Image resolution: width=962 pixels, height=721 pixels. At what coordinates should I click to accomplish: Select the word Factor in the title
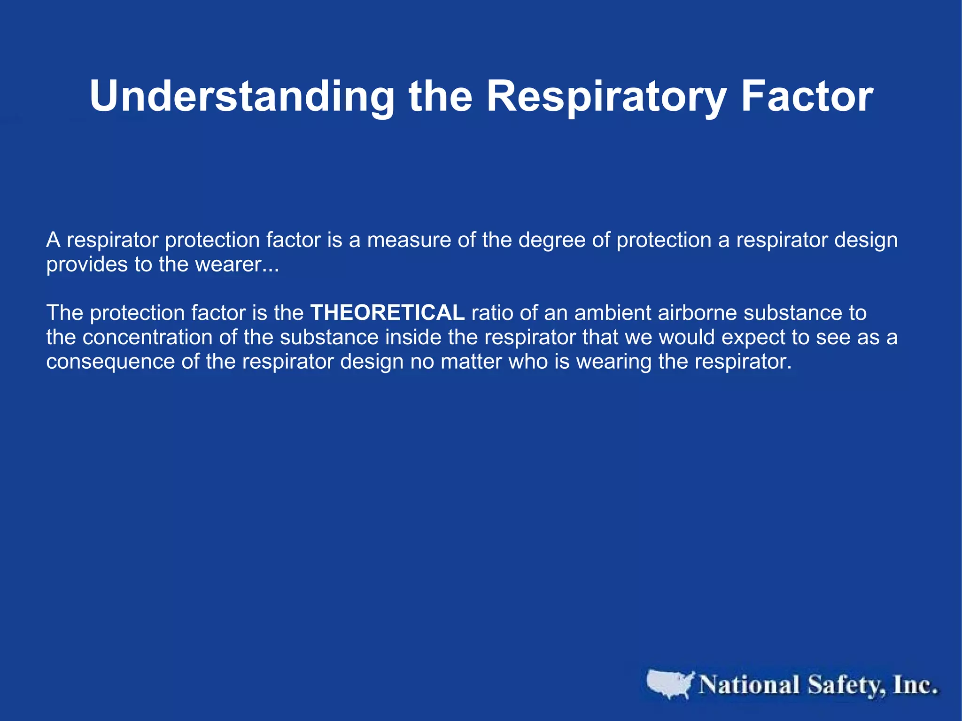coord(807,96)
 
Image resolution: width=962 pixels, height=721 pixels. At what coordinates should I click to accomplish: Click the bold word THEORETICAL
coord(388,313)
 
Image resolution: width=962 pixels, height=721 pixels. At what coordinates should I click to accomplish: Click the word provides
coord(87,265)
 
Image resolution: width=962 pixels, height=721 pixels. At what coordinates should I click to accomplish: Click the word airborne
coord(697,313)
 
